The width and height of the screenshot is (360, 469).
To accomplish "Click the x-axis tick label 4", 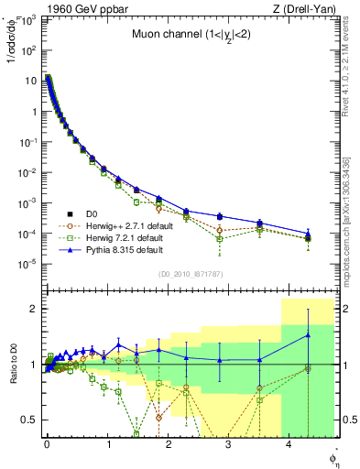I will pos(289,444).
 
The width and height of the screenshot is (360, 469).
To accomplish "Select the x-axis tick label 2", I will pos(169,444).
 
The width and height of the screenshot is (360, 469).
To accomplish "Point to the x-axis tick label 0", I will pos(47,444).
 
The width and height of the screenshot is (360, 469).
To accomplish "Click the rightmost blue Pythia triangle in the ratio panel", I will pos(308,335).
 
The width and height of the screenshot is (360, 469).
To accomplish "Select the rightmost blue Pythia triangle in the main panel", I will pos(308,234).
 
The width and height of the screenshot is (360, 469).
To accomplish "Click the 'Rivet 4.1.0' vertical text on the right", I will pos(340,55).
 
